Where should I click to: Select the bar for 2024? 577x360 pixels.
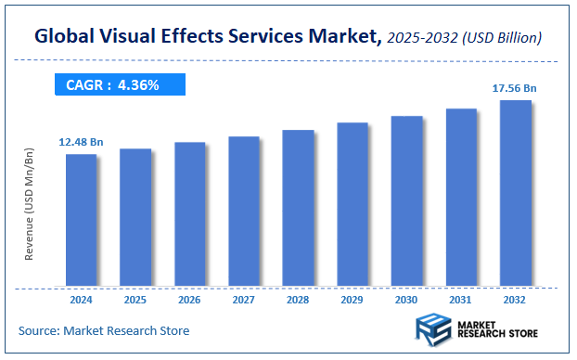point(81,220)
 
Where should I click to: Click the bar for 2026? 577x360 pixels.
point(189,214)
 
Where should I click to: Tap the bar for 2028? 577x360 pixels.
point(298,208)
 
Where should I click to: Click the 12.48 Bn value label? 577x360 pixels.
point(81,141)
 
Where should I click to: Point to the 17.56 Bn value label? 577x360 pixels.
point(515,88)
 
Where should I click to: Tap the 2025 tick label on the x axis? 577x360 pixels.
point(135,300)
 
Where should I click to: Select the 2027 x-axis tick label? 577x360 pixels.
point(244,300)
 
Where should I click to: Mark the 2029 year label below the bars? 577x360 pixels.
point(353,300)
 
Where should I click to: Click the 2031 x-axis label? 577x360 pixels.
point(461,300)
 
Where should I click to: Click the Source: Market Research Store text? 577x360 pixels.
point(103,330)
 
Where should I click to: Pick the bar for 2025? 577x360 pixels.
point(135,217)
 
